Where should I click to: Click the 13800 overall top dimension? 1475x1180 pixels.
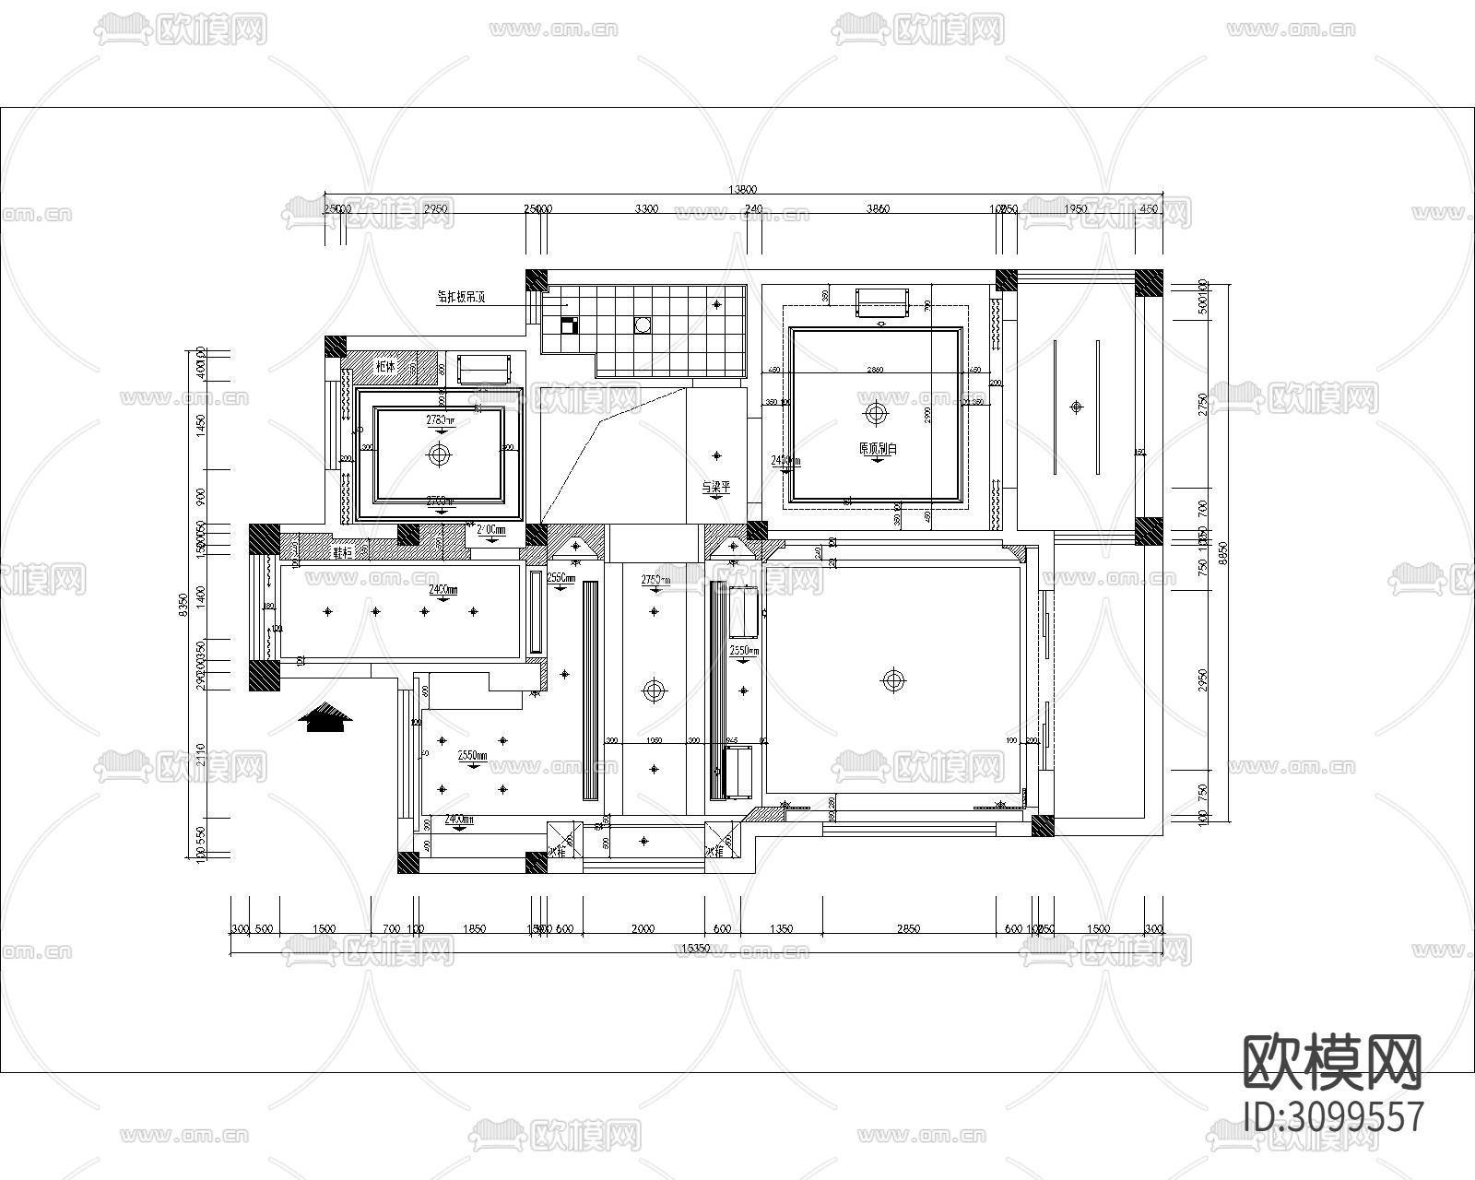pyautogui.click(x=742, y=190)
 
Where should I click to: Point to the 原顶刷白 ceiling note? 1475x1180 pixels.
pyautogui.click(x=878, y=449)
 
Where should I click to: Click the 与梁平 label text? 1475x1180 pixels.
pyautogui.click(x=715, y=487)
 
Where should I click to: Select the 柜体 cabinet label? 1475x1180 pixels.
pyautogui.click(x=385, y=366)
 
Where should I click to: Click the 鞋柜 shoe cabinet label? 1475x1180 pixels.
pyautogui.click(x=343, y=552)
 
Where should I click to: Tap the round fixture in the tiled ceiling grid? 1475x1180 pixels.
pyautogui.click(x=643, y=324)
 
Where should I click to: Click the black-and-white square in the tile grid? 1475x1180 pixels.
pyautogui.click(x=568, y=324)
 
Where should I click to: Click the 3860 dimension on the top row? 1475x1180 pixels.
pyautogui.click(x=878, y=209)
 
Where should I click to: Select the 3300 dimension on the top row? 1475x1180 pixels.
pyautogui.click(x=646, y=209)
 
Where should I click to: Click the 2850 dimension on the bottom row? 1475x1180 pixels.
pyautogui.click(x=908, y=929)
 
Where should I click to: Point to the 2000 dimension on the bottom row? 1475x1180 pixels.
pyautogui.click(x=643, y=929)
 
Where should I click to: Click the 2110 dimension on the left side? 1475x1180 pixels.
pyautogui.click(x=201, y=755)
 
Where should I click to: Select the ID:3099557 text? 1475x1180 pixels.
pyautogui.click(x=1333, y=1116)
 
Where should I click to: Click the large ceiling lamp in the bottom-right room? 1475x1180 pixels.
pyautogui.click(x=891, y=681)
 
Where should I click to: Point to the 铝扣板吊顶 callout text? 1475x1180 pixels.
pyautogui.click(x=461, y=297)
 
